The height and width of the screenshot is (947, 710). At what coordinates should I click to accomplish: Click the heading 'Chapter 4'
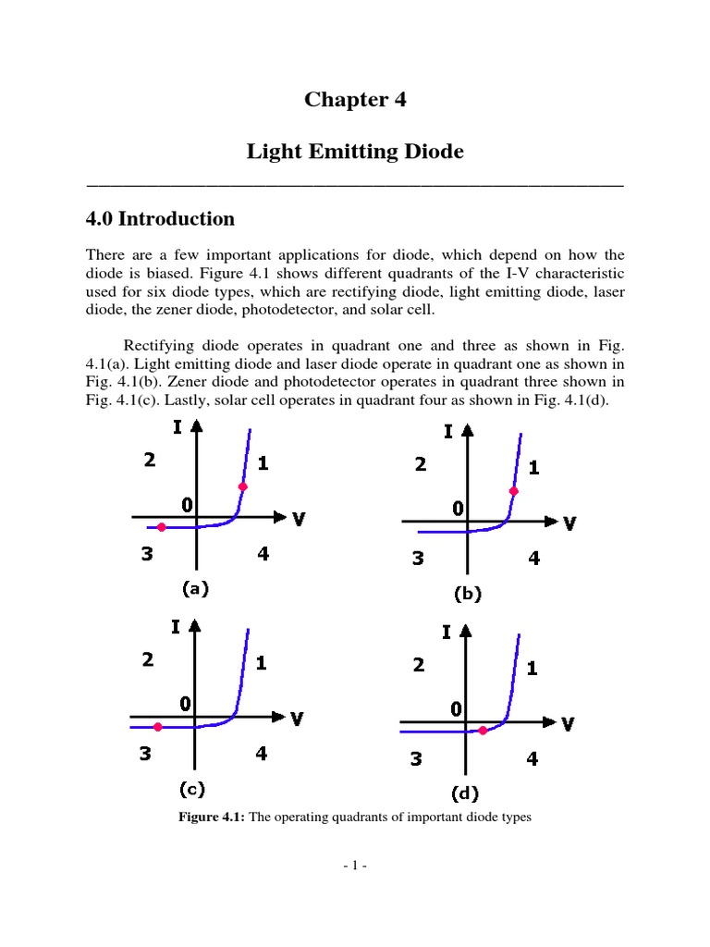pyautogui.click(x=355, y=100)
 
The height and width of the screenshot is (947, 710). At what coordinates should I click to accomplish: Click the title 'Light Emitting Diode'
pyautogui.click(x=355, y=151)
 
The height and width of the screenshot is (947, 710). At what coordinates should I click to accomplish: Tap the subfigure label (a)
pyautogui.click(x=195, y=588)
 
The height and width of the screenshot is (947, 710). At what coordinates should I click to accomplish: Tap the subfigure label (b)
pyautogui.click(x=468, y=594)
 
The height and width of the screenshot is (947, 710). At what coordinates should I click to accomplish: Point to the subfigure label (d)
pyautogui.click(x=465, y=793)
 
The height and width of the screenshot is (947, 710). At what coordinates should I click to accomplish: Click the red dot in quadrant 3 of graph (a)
pyautogui.click(x=162, y=527)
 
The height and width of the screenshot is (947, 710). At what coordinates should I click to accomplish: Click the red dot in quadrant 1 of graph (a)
pyautogui.click(x=242, y=486)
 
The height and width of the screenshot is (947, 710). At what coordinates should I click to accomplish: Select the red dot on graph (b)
pyautogui.click(x=514, y=491)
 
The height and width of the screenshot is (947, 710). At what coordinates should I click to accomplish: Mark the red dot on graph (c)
pyautogui.click(x=158, y=727)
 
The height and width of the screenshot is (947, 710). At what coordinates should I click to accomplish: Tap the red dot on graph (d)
pyautogui.click(x=483, y=731)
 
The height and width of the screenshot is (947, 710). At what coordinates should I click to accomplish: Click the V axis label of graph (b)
pyautogui.click(x=569, y=523)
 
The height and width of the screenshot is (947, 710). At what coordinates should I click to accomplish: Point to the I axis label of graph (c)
pyautogui.click(x=175, y=626)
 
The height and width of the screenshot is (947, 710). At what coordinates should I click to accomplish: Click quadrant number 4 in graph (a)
pyautogui.click(x=263, y=554)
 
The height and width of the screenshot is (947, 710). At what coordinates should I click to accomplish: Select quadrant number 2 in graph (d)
pyautogui.click(x=419, y=664)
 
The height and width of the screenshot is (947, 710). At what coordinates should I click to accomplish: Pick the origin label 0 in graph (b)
pyautogui.click(x=458, y=507)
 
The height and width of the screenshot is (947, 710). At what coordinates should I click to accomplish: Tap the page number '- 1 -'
pyautogui.click(x=355, y=866)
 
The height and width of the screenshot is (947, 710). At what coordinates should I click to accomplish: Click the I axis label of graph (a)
pyautogui.click(x=177, y=426)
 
